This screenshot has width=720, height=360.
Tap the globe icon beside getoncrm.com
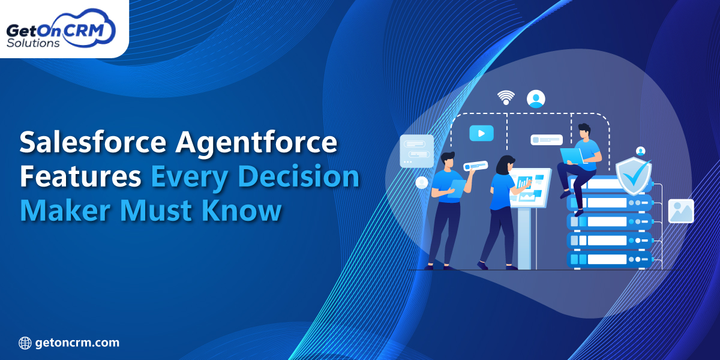click(25, 343)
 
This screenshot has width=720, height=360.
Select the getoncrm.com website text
click(77, 343)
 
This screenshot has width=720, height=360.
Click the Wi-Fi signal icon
click(506, 97)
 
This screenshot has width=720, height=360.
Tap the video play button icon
click(481, 133)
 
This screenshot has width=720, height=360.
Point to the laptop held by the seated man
click(571, 155)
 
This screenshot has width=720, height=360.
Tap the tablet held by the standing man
click(456, 188)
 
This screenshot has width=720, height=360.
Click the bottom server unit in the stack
click(609, 260)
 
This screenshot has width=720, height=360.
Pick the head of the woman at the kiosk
click(503, 163)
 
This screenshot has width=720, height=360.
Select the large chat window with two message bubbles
click(416, 150)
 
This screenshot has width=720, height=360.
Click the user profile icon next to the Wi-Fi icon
click(536, 98)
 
